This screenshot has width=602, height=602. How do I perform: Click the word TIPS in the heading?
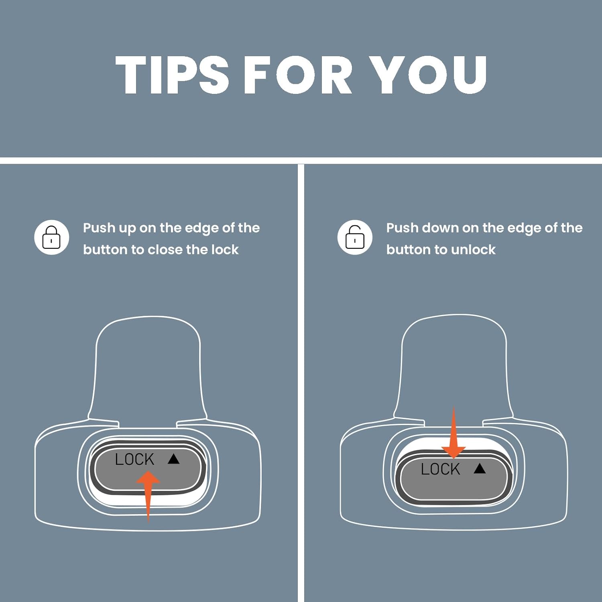[x=172, y=75]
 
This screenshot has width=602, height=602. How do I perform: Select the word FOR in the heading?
[x=298, y=75]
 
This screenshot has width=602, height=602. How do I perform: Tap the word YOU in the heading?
[x=428, y=75]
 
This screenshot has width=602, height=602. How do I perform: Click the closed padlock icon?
[x=51, y=237]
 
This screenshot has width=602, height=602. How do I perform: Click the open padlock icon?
[x=355, y=237]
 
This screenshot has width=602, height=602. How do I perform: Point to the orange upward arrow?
[x=148, y=496]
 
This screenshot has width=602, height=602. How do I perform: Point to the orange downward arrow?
[x=454, y=432]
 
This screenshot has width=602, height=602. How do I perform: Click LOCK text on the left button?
[x=134, y=459]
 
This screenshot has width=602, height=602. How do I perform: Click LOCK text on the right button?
[x=440, y=469]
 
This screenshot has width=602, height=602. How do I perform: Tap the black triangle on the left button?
[x=173, y=459]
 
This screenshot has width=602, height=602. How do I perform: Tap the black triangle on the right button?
[x=480, y=468]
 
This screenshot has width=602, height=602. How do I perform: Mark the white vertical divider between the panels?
[x=301, y=383]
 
